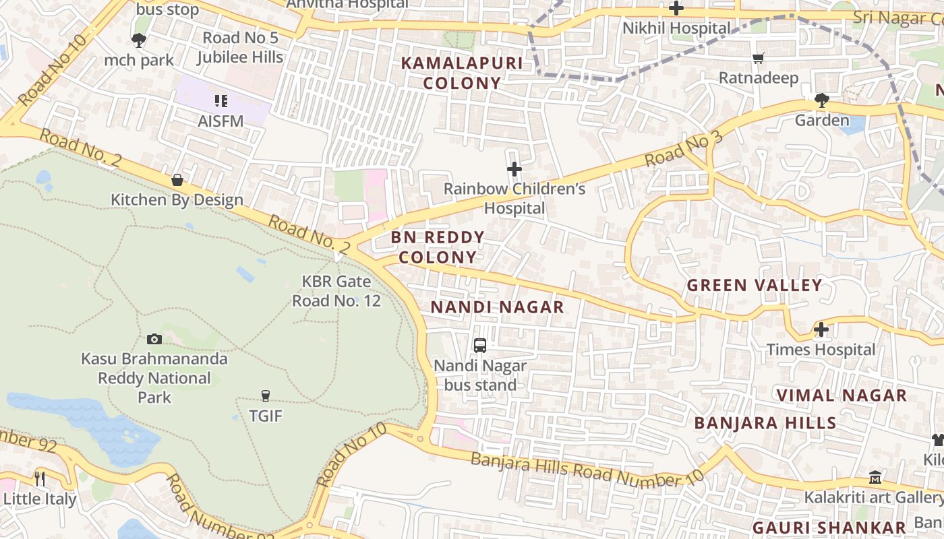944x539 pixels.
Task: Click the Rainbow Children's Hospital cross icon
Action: tap(514, 168)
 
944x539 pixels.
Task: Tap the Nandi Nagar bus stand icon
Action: tap(480, 346)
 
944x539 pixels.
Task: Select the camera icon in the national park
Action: tap(154, 339)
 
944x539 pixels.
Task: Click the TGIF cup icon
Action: tap(266, 395)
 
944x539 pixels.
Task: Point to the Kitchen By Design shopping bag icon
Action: tap(177, 180)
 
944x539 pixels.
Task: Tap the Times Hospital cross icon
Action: tap(821, 329)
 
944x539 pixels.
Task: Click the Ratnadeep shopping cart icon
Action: tap(759, 59)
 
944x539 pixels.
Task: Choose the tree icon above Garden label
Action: tap(821, 101)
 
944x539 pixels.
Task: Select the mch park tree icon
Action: tap(139, 40)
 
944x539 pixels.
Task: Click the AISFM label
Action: tap(220, 121)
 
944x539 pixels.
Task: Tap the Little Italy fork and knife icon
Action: tap(40, 478)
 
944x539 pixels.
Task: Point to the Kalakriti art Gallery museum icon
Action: tap(875, 477)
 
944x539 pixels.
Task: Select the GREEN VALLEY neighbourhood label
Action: tap(755, 285)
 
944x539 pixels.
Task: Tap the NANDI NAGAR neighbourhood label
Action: tap(497, 307)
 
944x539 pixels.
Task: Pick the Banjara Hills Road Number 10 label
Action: tap(587, 470)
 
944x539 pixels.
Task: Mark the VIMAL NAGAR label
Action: tap(842, 395)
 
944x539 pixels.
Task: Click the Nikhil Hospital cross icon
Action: tap(676, 9)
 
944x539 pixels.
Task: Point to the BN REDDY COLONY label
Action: tap(438, 247)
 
